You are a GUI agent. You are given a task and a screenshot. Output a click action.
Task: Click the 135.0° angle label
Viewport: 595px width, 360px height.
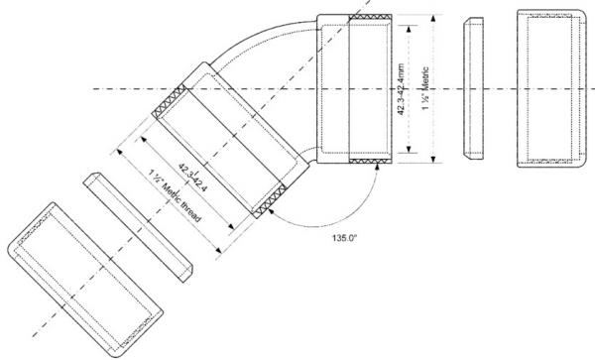coord(344,238)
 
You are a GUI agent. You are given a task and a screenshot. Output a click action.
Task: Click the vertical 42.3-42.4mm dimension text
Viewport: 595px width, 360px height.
coord(401,89)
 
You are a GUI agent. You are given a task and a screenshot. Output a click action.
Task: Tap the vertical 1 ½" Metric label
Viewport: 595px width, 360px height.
coord(425,89)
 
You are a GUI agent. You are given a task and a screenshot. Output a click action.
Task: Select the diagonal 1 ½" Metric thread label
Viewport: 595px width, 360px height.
coord(175,196)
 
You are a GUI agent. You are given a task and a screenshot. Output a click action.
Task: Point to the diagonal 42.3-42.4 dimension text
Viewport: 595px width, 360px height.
coord(192,178)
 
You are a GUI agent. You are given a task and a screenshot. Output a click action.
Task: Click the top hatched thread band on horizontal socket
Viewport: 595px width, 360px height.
coord(370,18)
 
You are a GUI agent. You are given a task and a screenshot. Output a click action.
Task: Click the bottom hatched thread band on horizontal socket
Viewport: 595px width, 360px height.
coord(370,161)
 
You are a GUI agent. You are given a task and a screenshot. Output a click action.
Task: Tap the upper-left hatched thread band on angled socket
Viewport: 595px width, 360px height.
coord(170,101)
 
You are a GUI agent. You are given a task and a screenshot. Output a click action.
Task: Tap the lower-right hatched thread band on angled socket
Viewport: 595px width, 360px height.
coord(270,201)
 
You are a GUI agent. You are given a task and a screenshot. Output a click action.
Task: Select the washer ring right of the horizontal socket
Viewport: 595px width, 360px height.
coord(474,88)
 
